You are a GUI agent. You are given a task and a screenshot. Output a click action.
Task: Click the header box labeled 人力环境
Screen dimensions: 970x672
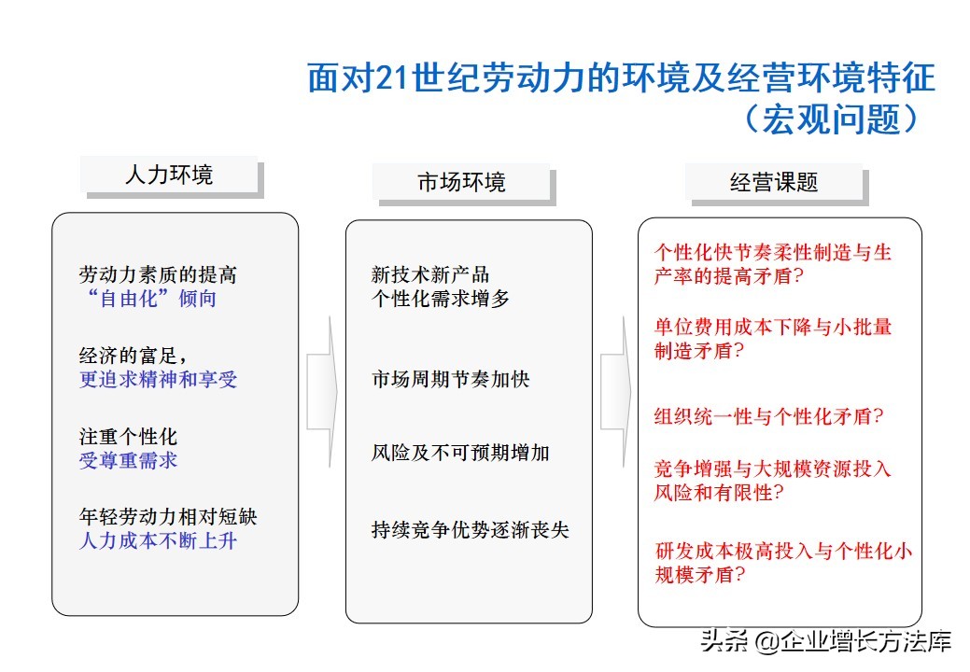(x=172, y=176)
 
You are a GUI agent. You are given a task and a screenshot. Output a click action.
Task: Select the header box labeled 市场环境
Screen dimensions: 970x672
(x=463, y=184)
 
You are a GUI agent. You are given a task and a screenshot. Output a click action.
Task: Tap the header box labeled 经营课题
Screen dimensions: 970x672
(x=776, y=184)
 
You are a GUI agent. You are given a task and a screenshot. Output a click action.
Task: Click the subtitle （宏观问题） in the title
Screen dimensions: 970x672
(x=833, y=119)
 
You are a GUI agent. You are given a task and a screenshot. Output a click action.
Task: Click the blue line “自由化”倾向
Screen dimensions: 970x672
(x=151, y=299)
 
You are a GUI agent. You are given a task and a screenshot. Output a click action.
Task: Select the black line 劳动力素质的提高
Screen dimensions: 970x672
(x=158, y=274)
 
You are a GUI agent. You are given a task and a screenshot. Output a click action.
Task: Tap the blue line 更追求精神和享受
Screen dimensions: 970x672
(x=158, y=379)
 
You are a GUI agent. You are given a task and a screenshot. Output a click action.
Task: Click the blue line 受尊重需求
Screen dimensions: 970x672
(x=128, y=460)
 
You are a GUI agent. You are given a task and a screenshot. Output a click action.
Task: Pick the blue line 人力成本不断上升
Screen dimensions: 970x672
(x=158, y=540)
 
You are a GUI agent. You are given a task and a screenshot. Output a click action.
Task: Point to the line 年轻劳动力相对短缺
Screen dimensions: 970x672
(x=168, y=516)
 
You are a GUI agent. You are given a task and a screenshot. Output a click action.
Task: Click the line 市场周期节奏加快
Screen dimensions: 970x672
(x=450, y=379)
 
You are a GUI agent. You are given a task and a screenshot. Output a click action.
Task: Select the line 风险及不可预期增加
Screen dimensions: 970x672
(x=460, y=453)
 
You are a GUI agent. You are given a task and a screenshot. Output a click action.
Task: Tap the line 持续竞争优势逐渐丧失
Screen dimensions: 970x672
(x=471, y=530)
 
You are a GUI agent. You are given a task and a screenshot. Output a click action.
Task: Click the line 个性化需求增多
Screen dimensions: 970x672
(x=441, y=299)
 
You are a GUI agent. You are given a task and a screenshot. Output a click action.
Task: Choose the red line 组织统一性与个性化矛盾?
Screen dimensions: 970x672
(x=769, y=416)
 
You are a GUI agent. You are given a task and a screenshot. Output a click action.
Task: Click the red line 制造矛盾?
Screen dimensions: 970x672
(x=699, y=351)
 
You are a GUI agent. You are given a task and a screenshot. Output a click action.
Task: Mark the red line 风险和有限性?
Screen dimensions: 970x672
(x=719, y=492)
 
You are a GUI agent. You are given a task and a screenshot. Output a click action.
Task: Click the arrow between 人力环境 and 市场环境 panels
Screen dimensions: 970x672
(x=322, y=392)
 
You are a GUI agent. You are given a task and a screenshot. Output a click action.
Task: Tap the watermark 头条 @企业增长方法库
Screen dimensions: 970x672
(x=826, y=641)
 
